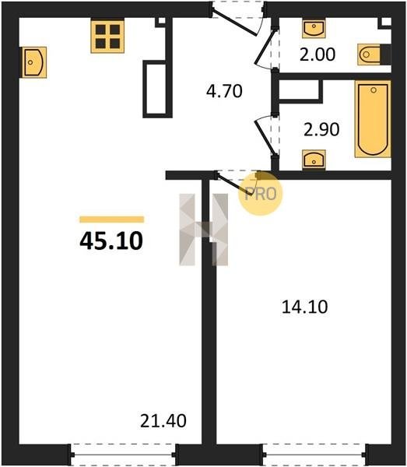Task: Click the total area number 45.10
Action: point(111,241)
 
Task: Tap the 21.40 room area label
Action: point(163,420)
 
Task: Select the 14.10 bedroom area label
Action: point(304,307)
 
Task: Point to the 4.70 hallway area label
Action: point(224,91)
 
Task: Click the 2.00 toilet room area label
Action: point(318,54)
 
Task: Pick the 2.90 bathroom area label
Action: point(321,129)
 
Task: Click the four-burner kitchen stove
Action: point(107,37)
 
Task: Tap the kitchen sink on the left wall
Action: point(34,62)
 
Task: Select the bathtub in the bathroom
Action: point(373,119)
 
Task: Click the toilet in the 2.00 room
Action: point(371,54)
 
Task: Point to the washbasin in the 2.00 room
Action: point(314,28)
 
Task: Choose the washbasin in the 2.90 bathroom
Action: point(314,160)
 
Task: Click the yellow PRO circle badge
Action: point(260,193)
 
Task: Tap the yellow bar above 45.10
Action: point(111,219)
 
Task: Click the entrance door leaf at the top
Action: point(233,23)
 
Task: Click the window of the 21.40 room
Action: point(123,455)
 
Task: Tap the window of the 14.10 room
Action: point(314,455)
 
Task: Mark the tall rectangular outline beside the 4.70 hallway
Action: point(158,89)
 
